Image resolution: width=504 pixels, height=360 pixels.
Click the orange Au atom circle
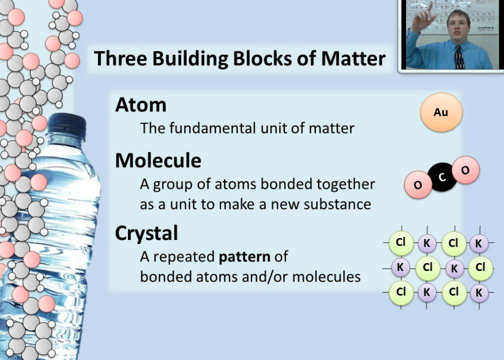point(440,112)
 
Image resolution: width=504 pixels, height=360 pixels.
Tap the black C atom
point(441,177)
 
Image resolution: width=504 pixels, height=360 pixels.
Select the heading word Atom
point(140,104)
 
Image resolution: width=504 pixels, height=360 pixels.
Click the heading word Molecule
point(158,160)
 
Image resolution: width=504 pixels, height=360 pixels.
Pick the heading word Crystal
point(146,233)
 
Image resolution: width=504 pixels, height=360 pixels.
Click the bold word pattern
point(245,257)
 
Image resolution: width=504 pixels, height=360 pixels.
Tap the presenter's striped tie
point(459,57)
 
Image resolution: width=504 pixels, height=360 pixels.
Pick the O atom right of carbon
point(465,170)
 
